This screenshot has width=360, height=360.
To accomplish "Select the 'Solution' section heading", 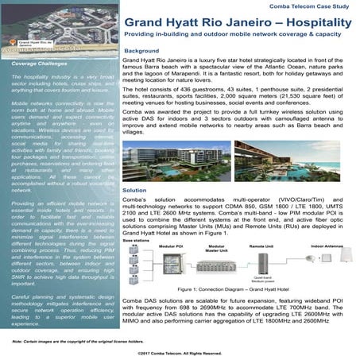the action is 134,192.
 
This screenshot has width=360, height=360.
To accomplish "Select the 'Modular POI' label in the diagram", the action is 172,247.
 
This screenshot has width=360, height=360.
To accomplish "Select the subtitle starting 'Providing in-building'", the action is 238,37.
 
